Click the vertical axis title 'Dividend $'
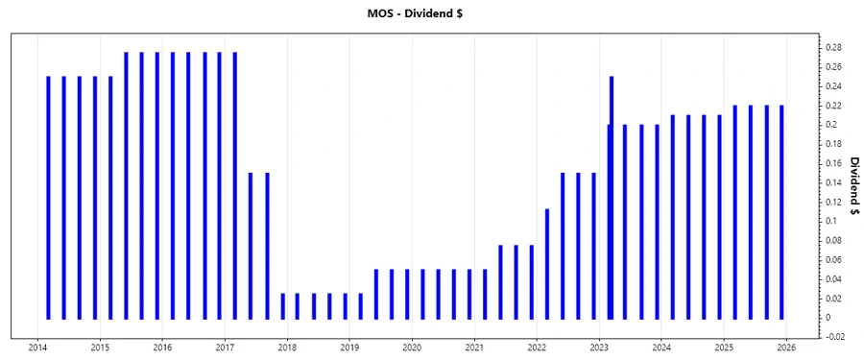tap(852, 192)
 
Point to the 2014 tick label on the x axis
tap(38, 347)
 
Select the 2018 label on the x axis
tap(288, 347)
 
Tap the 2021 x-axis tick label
tap(474, 347)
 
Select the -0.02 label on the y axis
tap(833, 337)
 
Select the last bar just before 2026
tap(781, 211)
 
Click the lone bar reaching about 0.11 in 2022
tap(546, 263)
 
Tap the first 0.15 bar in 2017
tap(251, 245)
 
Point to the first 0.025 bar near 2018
tap(282, 305)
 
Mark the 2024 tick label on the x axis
tap(661, 347)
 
